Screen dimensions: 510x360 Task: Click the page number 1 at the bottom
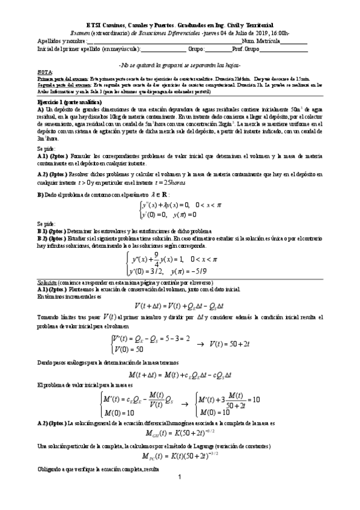pos(180,494)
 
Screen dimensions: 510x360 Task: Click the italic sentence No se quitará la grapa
pos(180,64)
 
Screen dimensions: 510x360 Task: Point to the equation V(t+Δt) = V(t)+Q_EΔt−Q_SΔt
pos(180,305)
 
